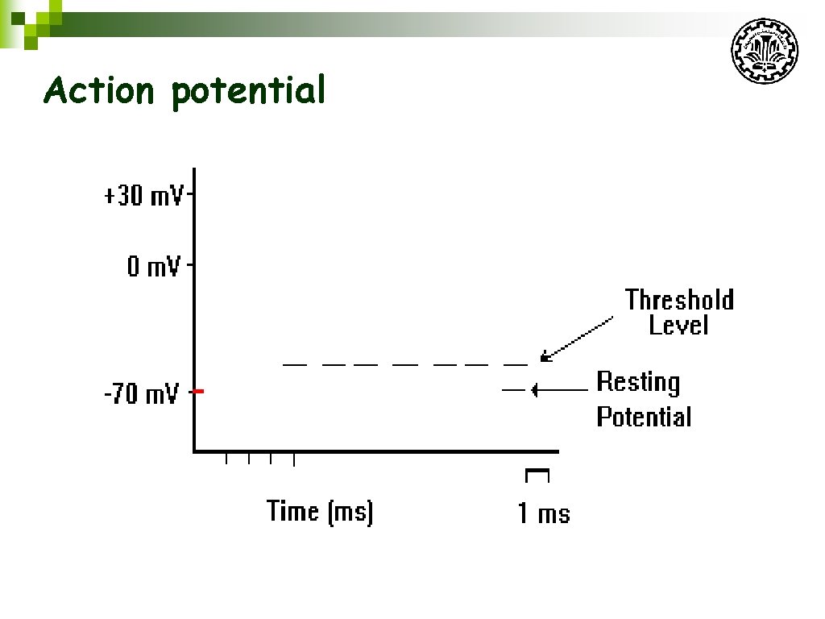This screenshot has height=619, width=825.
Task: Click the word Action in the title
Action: point(98,90)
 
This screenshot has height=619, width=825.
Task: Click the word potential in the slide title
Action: point(248,92)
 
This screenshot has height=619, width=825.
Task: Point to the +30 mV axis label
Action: point(143,196)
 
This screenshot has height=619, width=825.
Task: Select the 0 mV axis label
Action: point(153,266)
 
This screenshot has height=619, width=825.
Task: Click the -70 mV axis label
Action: point(141,396)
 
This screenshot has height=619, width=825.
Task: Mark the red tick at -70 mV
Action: point(199,392)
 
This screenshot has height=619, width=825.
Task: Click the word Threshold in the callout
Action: point(679,300)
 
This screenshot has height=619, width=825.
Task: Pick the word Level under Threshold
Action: point(678,325)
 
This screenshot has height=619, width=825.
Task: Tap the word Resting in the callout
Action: point(638,381)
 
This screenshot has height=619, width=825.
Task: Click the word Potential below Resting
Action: point(644,417)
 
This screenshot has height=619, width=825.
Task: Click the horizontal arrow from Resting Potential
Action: point(559,390)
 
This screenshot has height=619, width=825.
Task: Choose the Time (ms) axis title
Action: point(320,511)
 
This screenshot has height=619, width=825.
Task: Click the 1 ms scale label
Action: point(543,513)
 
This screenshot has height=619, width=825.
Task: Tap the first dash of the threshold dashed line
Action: point(295,365)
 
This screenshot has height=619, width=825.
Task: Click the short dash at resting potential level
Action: point(513,390)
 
